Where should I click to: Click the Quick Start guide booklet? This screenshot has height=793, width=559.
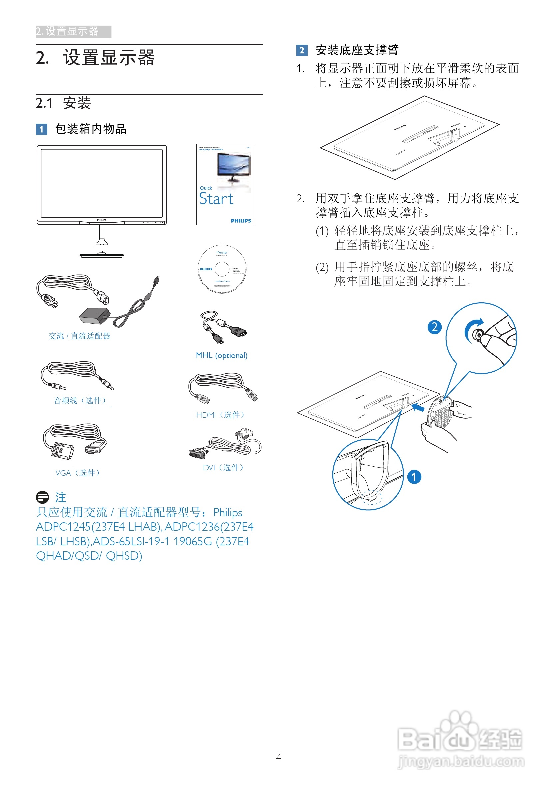(225, 185)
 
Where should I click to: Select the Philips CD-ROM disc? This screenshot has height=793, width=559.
(222, 269)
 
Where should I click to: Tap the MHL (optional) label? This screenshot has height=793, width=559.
(222, 355)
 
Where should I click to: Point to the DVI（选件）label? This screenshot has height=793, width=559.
(223, 468)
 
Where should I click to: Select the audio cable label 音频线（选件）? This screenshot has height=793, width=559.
(80, 400)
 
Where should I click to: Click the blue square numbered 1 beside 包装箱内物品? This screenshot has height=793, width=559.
(41, 129)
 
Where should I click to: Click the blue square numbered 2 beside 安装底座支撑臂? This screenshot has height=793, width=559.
(302, 50)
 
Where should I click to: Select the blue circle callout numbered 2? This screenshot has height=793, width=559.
(435, 327)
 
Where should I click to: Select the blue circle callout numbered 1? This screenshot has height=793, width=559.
(414, 477)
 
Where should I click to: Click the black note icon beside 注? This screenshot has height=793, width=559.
(43, 497)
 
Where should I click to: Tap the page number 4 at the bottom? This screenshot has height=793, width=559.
(279, 758)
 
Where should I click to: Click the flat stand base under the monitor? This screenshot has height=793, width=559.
(102, 255)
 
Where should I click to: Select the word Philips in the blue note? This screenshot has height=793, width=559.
(227, 513)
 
